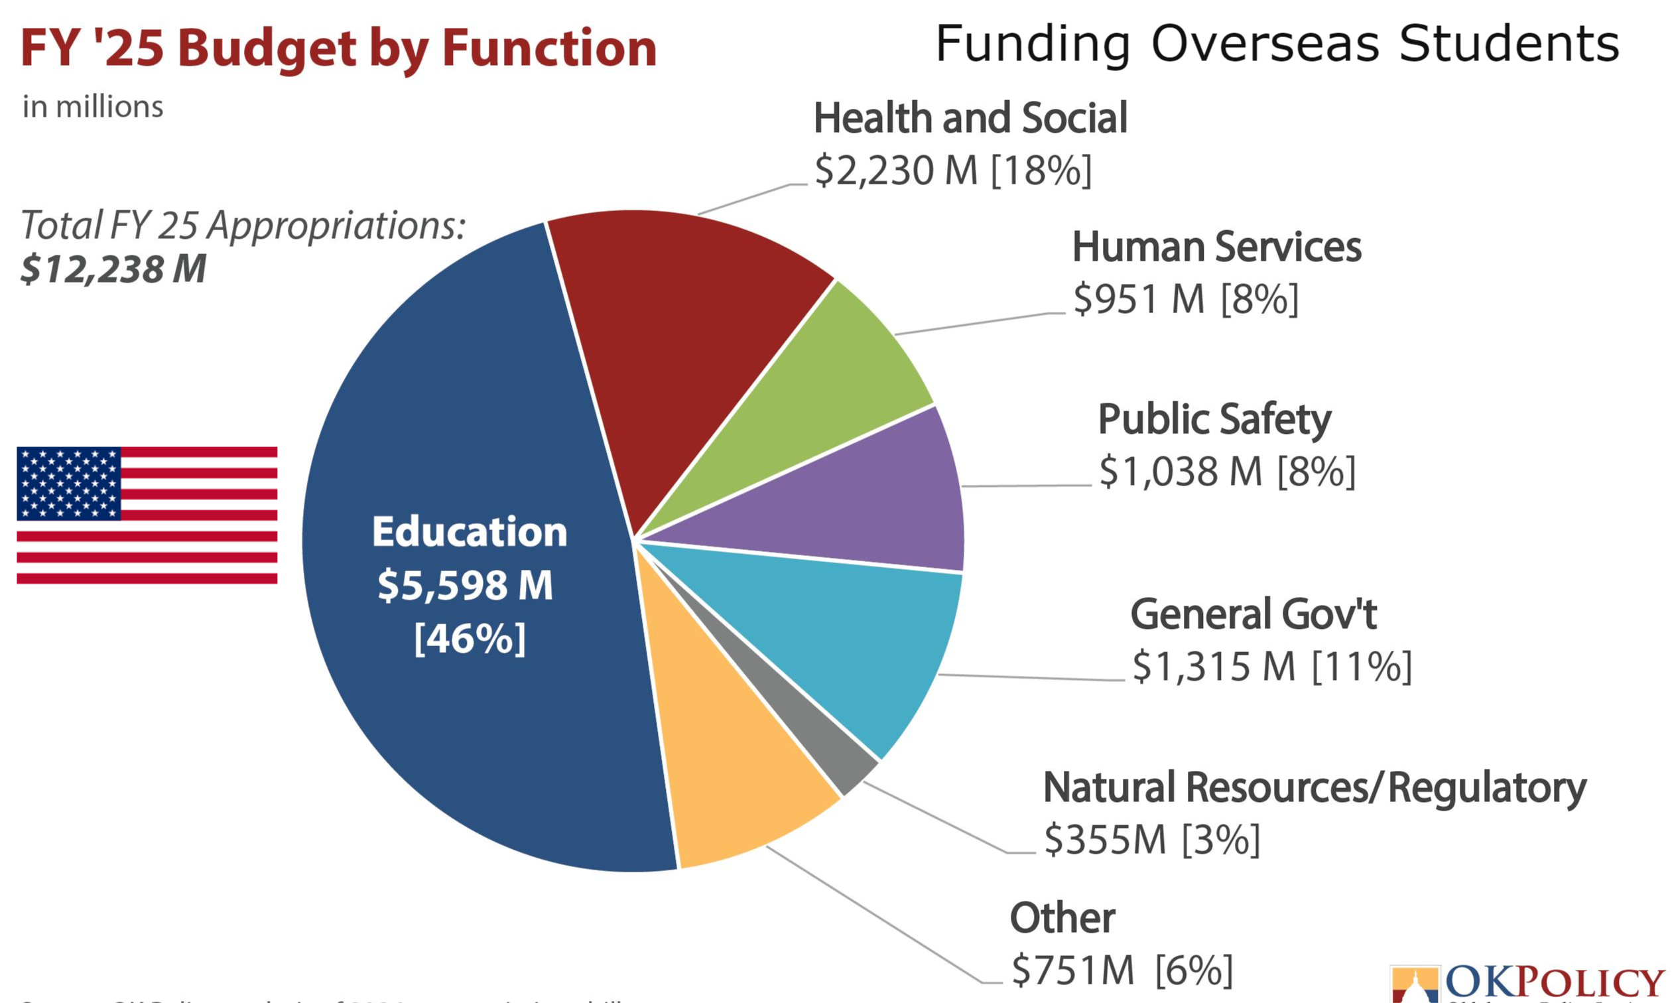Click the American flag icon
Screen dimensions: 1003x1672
click(x=147, y=515)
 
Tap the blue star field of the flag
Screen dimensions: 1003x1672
click(x=68, y=483)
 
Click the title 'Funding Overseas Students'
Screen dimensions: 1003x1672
click(x=1277, y=44)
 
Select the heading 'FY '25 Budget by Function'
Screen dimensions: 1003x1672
click(x=338, y=48)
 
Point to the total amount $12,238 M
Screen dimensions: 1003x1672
click(x=113, y=269)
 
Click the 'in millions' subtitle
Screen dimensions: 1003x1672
click(x=93, y=107)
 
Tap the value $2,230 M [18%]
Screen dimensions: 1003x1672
click(x=952, y=170)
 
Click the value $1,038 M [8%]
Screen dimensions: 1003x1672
click(x=1227, y=472)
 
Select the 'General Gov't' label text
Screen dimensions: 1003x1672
click(x=1253, y=614)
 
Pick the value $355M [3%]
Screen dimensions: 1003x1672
click(x=1152, y=840)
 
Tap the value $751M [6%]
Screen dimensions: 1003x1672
click(x=1122, y=971)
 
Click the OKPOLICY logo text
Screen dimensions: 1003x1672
click(x=1554, y=983)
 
